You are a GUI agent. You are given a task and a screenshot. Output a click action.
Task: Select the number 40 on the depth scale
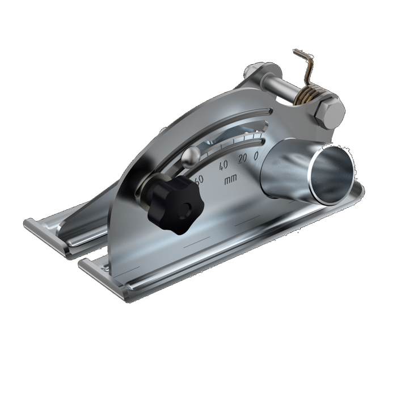tap(223, 164)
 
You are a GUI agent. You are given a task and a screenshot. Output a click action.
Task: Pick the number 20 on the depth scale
tap(242, 159)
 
